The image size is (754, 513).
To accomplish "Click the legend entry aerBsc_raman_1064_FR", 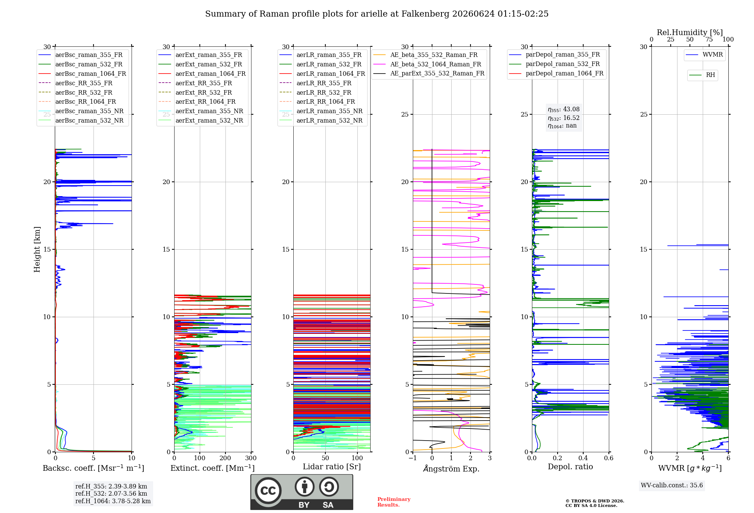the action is (x=82, y=74).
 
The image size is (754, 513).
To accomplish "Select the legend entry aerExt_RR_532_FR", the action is (x=195, y=92).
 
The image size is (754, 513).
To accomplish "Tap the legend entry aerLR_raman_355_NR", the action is (x=321, y=111).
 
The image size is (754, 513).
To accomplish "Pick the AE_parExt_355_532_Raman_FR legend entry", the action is (x=429, y=73).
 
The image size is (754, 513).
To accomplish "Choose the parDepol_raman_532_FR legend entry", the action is (x=555, y=64).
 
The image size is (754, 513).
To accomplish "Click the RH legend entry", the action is (x=702, y=75).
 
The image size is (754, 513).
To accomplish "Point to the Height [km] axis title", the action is (x=37, y=249).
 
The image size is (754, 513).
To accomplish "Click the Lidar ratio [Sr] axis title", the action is (x=332, y=467).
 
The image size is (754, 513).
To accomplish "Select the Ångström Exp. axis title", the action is (x=451, y=468).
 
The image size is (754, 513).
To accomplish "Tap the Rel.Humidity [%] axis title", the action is (x=690, y=32).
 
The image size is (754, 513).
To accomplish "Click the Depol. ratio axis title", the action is (x=570, y=467).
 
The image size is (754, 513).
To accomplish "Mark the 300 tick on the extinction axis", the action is (x=251, y=458).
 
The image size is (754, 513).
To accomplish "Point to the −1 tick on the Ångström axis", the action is (x=413, y=458).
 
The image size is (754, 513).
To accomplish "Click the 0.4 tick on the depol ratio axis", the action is (x=583, y=458).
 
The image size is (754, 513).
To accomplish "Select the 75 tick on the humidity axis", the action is (x=709, y=39).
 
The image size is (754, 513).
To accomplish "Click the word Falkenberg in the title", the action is (x=425, y=14).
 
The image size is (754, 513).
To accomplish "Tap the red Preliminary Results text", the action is (x=394, y=502).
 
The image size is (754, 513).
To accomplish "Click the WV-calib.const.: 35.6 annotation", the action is (x=672, y=485).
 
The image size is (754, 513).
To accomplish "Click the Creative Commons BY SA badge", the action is (x=302, y=492).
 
